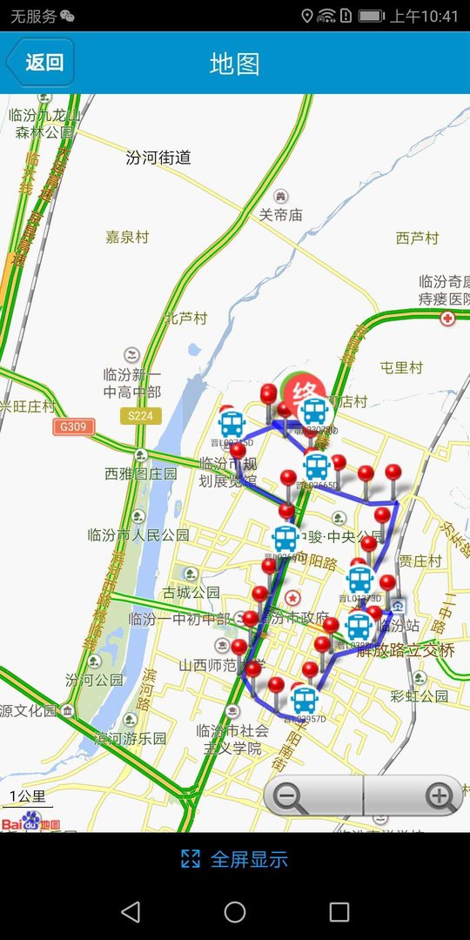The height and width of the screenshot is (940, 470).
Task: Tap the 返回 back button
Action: pyautogui.click(x=40, y=63)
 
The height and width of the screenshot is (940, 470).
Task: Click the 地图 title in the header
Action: pyautogui.click(x=235, y=64)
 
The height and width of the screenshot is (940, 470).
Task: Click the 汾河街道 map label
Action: pyautogui.click(x=158, y=158)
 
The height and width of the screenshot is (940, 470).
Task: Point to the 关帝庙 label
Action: pyautogui.click(x=280, y=214)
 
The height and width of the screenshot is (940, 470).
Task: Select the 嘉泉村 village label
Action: pyautogui.click(x=127, y=237)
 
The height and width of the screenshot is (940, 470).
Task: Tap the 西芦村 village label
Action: pyautogui.click(x=417, y=238)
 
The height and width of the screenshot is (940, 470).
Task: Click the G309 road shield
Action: pyautogui.click(x=73, y=426)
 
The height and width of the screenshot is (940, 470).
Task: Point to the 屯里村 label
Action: pyautogui.click(x=401, y=368)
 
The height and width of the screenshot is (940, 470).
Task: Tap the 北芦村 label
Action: pyautogui.click(x=186, y=318)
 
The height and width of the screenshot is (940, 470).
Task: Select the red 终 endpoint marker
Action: pyautogui.click(x=305, y=388)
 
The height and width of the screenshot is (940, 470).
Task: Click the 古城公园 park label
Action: pyautogui.click(x=191, y=593)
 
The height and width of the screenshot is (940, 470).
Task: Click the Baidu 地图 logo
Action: pyautogui.click(x=30, y=822)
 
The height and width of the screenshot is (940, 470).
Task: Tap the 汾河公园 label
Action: pyautogui.click(x=94, y=679)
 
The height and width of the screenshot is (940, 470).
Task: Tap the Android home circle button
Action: pyautogui.click(x=235, y=911)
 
